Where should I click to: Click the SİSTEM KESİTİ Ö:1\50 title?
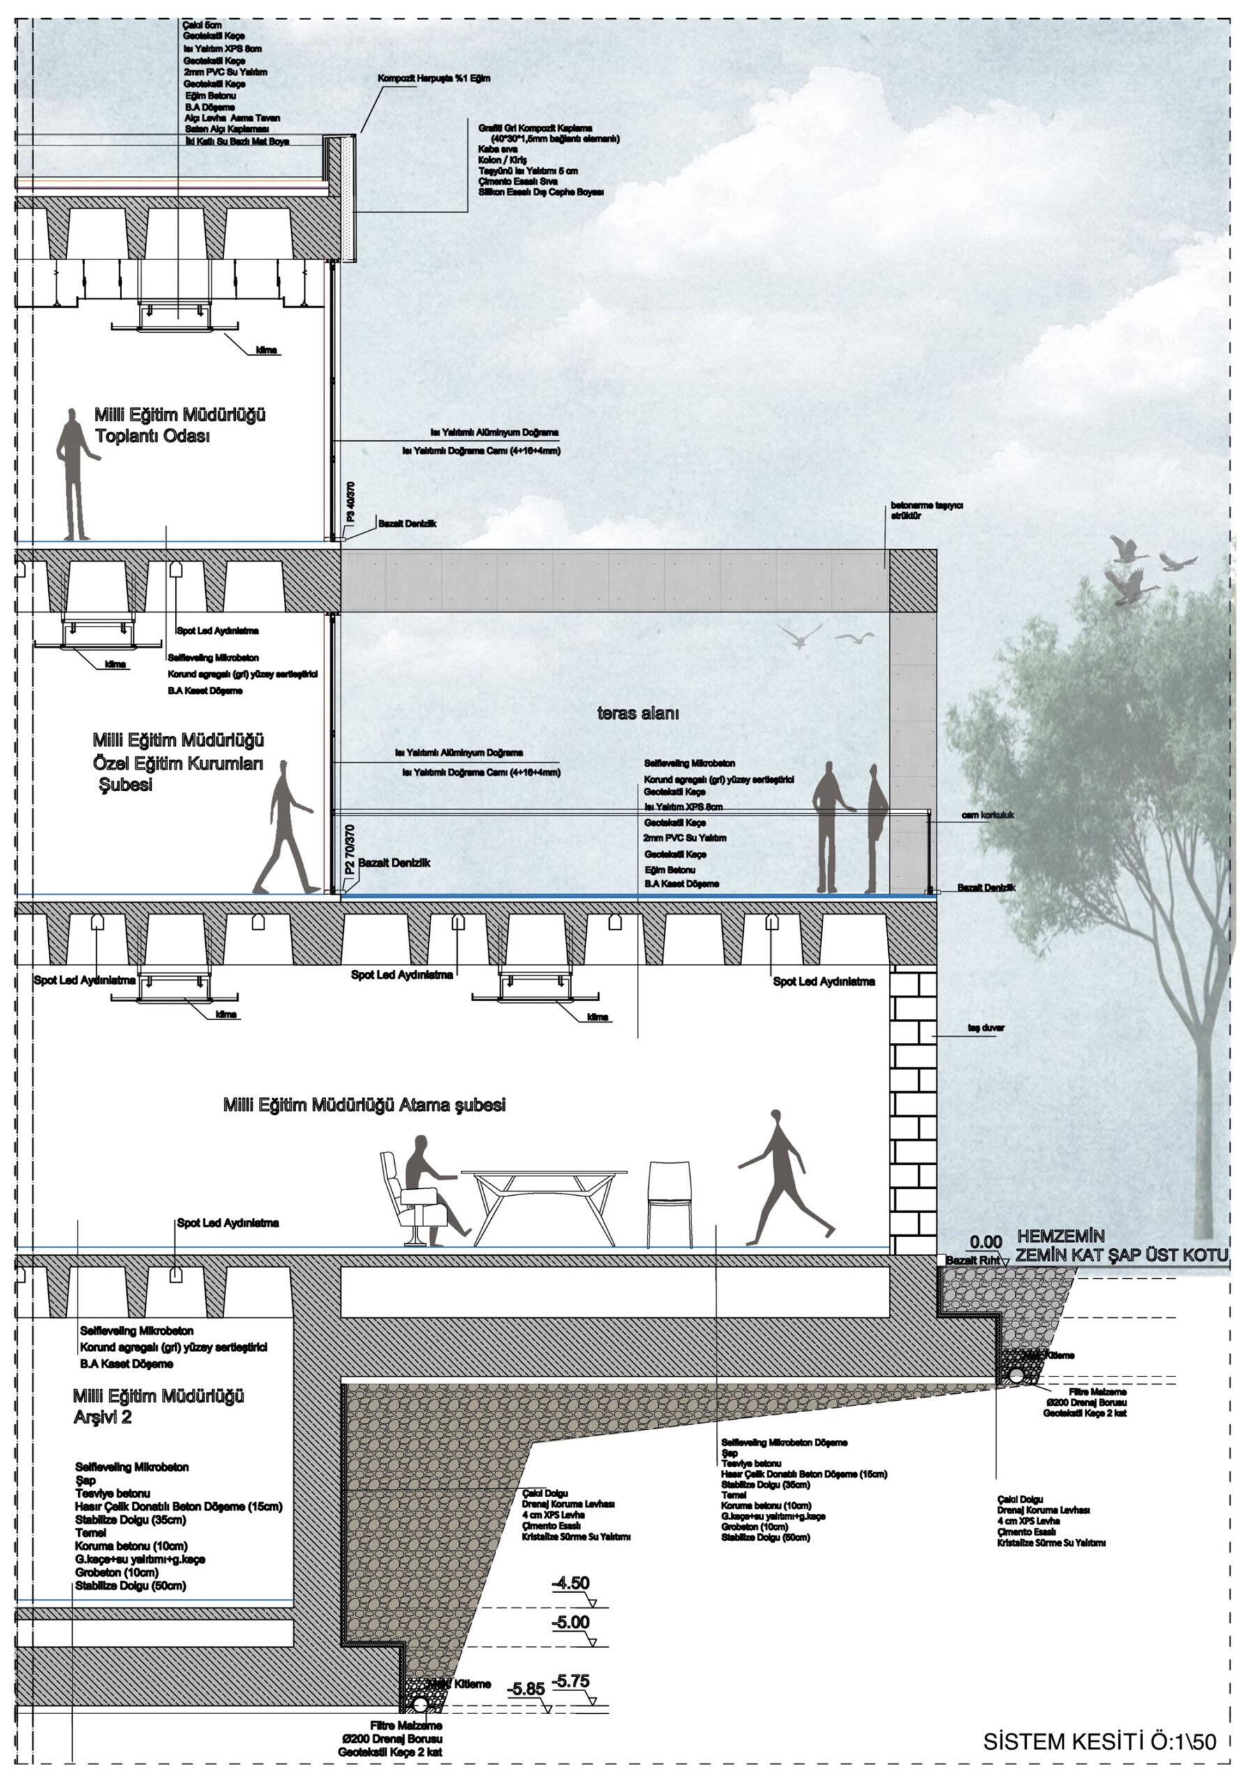click(1098, 1741)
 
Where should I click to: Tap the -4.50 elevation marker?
click(570, 1583)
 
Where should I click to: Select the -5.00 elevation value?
click(570, 1623)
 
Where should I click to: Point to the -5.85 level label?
click(526, 1689)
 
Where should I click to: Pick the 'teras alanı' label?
click(638, 713)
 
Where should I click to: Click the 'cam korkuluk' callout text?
click(987, 816)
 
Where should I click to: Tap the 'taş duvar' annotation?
click(986, 1028)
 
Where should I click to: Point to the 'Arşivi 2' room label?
click(103, 1417)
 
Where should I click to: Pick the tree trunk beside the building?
click(1202, 1128)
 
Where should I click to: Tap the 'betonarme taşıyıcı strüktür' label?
click(927, 510)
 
